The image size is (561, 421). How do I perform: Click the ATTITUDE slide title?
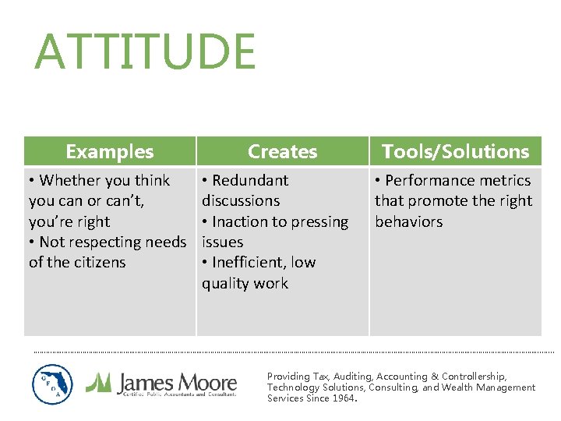[145, 51]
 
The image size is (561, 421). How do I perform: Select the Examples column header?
[110, 151]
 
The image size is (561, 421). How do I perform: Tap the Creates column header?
[282, 151]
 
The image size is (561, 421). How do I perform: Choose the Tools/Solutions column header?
[455, 151]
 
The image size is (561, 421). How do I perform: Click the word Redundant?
[249, 180]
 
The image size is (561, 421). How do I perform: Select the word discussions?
[241, 200]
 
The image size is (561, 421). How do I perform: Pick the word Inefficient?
[252, 262]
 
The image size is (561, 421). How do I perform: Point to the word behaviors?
[408, 221]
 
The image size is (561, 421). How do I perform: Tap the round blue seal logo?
[53, 384]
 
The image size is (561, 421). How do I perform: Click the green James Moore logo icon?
[99, 382]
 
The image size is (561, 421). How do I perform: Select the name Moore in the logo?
[206, 382]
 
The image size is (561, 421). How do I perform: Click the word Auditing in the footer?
[351, 377]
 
